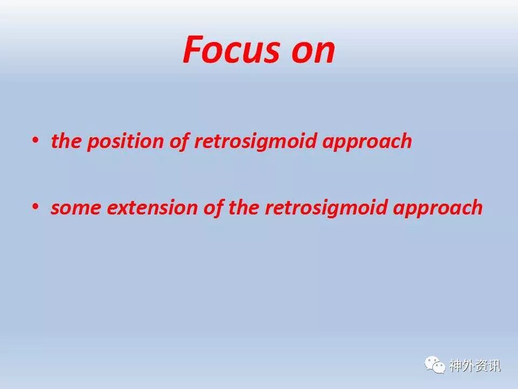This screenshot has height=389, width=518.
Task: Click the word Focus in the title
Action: coord(231,49)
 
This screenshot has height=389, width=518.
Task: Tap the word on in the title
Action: coord(313,52)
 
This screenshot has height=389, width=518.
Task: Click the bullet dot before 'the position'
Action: coord(35,140)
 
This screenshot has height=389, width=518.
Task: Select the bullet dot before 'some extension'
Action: coord(35,207)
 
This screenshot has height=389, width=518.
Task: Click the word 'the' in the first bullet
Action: coord(66,140)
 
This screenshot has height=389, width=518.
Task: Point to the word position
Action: coord(125,142)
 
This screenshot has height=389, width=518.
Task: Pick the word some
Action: coord(76,208)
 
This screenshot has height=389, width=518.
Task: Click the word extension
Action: coord(152,207)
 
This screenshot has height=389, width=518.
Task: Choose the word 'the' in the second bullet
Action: coord(244,207)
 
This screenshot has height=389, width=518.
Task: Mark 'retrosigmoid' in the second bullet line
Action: coord(326,209)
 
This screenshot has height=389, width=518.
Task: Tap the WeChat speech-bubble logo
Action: coord(435,365)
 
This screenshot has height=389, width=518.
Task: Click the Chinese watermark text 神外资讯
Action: coord(475,366)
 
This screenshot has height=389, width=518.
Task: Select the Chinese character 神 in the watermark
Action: coord(455,366)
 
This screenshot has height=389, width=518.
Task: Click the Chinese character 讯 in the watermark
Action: coord(495,366)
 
